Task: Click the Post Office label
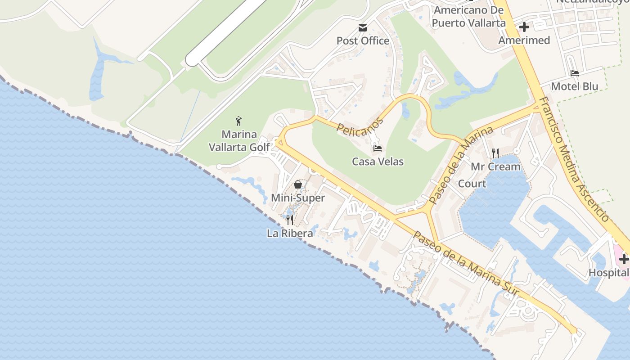click(363, 41)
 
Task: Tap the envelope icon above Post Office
click(363, 28)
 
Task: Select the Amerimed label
click(524, 40)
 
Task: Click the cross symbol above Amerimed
click(524, 27)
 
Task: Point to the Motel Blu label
click(575, 86)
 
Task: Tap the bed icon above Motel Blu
click(575, 73)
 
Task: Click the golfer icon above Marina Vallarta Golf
click(238, 121)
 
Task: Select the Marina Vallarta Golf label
click(239, 140)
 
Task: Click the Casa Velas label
click(378, 162)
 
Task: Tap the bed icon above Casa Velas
click(378, 148)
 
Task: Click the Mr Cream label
click(495, 167)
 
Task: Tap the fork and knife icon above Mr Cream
click(495, 153)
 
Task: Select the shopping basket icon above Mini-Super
click(297, 184)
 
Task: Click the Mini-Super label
click(297, 198)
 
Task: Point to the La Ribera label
click(290, 234)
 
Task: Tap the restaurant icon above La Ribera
click(290, 220)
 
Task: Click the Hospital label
click(608, 273)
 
